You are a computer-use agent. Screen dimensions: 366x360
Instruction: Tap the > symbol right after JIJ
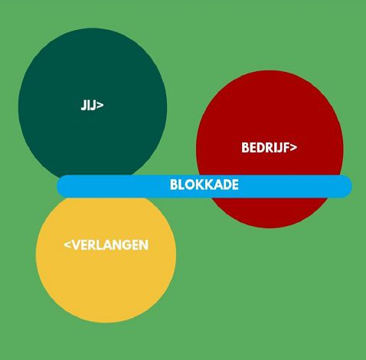[100, 105]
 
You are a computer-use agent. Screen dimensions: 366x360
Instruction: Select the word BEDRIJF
[266, 148]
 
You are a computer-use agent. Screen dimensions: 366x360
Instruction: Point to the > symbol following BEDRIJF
[293, 148]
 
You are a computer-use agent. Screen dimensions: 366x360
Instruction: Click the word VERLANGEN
[109, 245]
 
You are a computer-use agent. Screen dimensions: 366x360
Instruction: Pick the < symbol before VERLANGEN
[67, 245]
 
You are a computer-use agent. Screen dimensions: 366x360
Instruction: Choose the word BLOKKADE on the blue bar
[204, 185]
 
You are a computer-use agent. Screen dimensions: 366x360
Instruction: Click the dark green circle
[93, 102]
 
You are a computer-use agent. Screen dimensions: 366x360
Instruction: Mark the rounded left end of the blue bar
[61, 186]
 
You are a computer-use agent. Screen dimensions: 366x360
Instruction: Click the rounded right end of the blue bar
[348, 186]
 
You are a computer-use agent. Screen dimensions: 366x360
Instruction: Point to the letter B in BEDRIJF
[245, 148]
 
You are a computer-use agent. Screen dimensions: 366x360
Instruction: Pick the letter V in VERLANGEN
[74, 245]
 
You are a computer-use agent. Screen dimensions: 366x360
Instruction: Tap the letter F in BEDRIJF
[286, 148]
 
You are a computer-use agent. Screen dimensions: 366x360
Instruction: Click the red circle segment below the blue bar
[270, 212]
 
